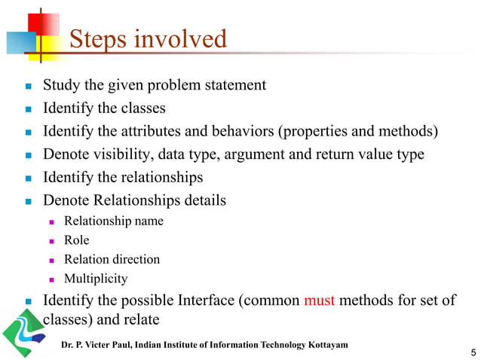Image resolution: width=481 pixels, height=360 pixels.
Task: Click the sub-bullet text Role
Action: point(76,240)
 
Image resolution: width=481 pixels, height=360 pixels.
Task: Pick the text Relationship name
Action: point(113,221)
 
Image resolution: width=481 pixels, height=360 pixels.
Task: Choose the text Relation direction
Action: point(112,259)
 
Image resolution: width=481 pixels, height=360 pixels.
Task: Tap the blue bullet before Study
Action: point(27,85)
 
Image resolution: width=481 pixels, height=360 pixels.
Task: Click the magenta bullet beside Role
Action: point(52,241)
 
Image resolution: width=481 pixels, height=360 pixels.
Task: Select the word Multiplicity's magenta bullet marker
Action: point(52,279)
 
